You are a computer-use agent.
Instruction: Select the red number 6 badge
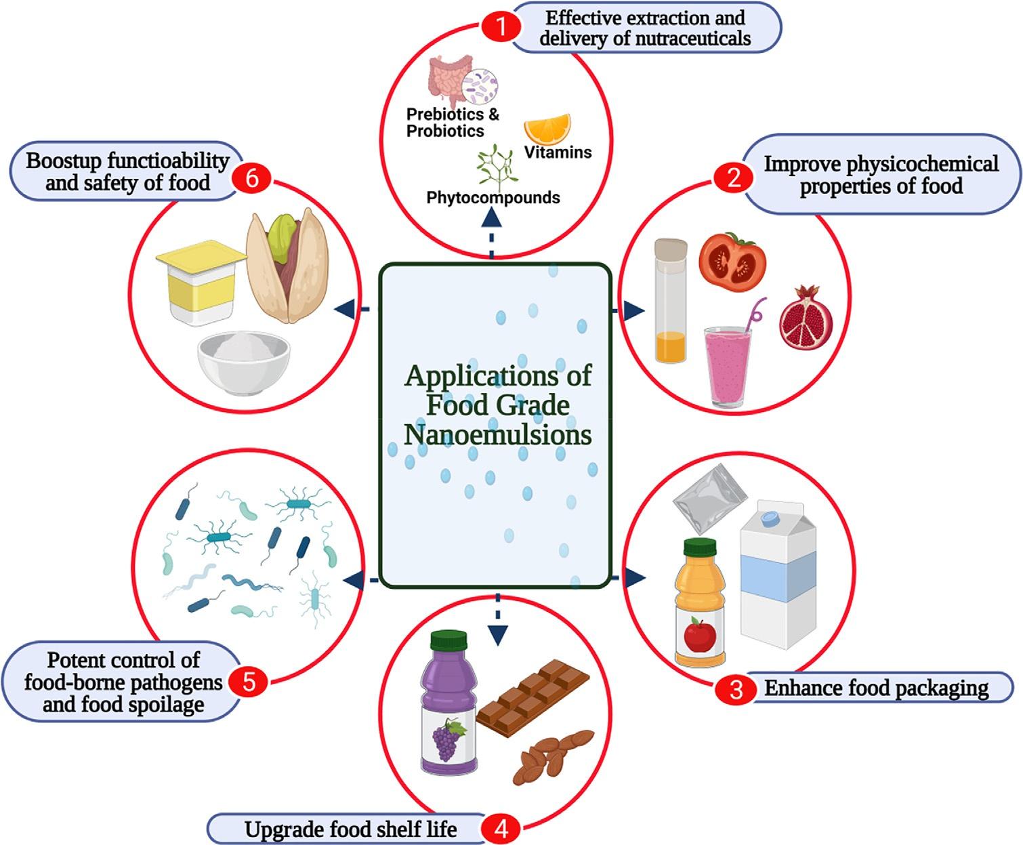[251, 179]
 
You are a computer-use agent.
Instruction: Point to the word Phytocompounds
[493, 198]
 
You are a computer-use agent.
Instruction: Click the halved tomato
[732, 261]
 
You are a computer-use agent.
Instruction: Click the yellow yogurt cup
[201, 281]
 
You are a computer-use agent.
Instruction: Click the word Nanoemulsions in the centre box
[497, 434]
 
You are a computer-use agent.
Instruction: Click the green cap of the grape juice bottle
[449, 640]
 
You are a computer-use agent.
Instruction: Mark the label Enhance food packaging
[877, 688]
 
